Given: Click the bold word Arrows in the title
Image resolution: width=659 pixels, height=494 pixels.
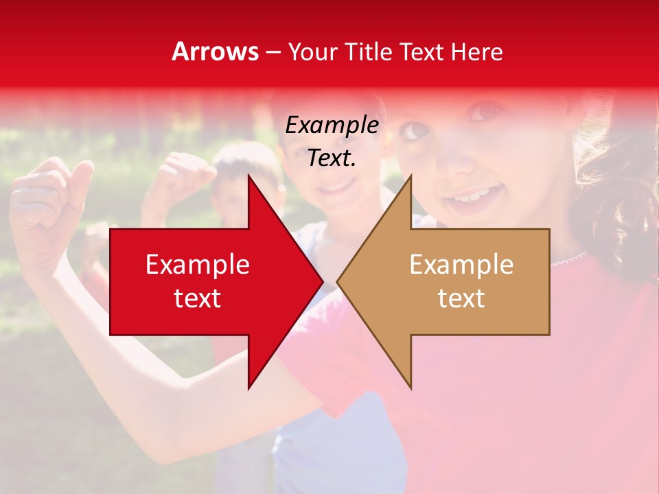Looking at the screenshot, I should point(216,51).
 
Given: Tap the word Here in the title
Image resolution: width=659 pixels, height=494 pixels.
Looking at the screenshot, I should point(476,51).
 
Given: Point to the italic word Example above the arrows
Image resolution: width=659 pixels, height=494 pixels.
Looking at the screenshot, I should point(332,125).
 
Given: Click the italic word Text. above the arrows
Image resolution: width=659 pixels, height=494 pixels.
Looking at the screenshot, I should point(332,158).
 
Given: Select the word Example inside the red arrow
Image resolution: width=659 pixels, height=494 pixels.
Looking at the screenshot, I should point(198,264).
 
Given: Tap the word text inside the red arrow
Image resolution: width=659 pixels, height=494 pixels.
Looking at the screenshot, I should point(198,298).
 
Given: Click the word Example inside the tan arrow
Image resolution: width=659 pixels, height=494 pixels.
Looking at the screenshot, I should point(461,264).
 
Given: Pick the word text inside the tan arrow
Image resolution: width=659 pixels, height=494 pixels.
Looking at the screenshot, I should point(461,298).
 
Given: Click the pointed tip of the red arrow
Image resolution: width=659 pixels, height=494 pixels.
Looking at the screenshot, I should point(322,281).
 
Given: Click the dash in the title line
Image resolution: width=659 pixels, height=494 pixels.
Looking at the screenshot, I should point(273,52).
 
